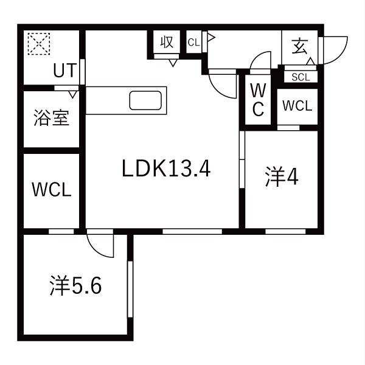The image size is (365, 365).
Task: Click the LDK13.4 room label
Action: tap(166, 169)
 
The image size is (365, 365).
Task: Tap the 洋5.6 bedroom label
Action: tap(75, 285)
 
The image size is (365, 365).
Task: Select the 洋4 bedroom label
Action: tap(282, 176)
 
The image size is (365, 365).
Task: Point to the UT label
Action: tap(65, 70)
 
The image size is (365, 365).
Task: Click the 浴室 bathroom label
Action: tap(52, 117)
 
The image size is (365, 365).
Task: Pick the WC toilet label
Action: tap(258, 100)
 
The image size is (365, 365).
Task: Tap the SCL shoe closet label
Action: tap(301, 77)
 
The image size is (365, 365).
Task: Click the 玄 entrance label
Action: tap(300, 46)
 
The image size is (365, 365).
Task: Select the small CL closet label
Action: tap(193, 43)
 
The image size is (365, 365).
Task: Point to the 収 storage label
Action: tap(167, 42)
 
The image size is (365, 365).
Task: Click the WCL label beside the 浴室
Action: tap(52, 190)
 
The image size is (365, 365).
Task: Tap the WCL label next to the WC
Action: tap(297, 106)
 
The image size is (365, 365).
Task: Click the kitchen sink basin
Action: tap(145, 100)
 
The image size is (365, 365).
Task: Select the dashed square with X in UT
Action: tap(39, 44)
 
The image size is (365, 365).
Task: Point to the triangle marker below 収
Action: tap(173, 63)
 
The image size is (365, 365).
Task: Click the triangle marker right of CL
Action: tap(211, 38)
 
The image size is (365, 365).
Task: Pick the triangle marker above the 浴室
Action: tap(72, 94)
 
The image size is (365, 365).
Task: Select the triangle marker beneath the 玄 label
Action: tap(311, 61)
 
